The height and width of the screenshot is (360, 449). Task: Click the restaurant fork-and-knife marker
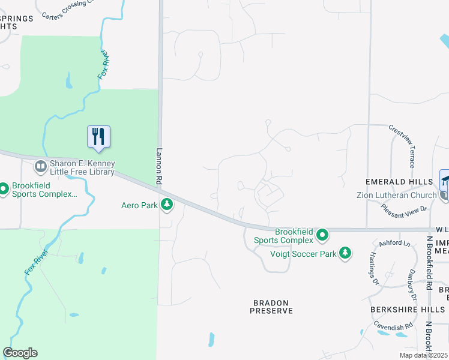[x=99, y=137]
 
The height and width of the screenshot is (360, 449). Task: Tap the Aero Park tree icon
[x=167, y=206]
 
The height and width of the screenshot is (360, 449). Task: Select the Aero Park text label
[x=139, y=206]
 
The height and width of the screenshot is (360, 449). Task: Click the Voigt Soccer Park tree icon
[x=345, y=253]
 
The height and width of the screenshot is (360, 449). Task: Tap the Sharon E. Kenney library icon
[x=41, y=165]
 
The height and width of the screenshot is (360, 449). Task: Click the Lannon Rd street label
[x=160, y=166]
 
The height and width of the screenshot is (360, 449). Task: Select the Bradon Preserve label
[x=271, y=307]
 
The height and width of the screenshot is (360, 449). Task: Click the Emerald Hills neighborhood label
[x=400, y=181]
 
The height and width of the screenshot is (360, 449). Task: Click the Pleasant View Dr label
[x=404, y=208]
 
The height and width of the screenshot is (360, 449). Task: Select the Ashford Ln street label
[x=394, y=244]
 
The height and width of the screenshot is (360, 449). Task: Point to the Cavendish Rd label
[x=393, y=326]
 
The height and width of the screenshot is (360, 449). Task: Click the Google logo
[x=20, y=353]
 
